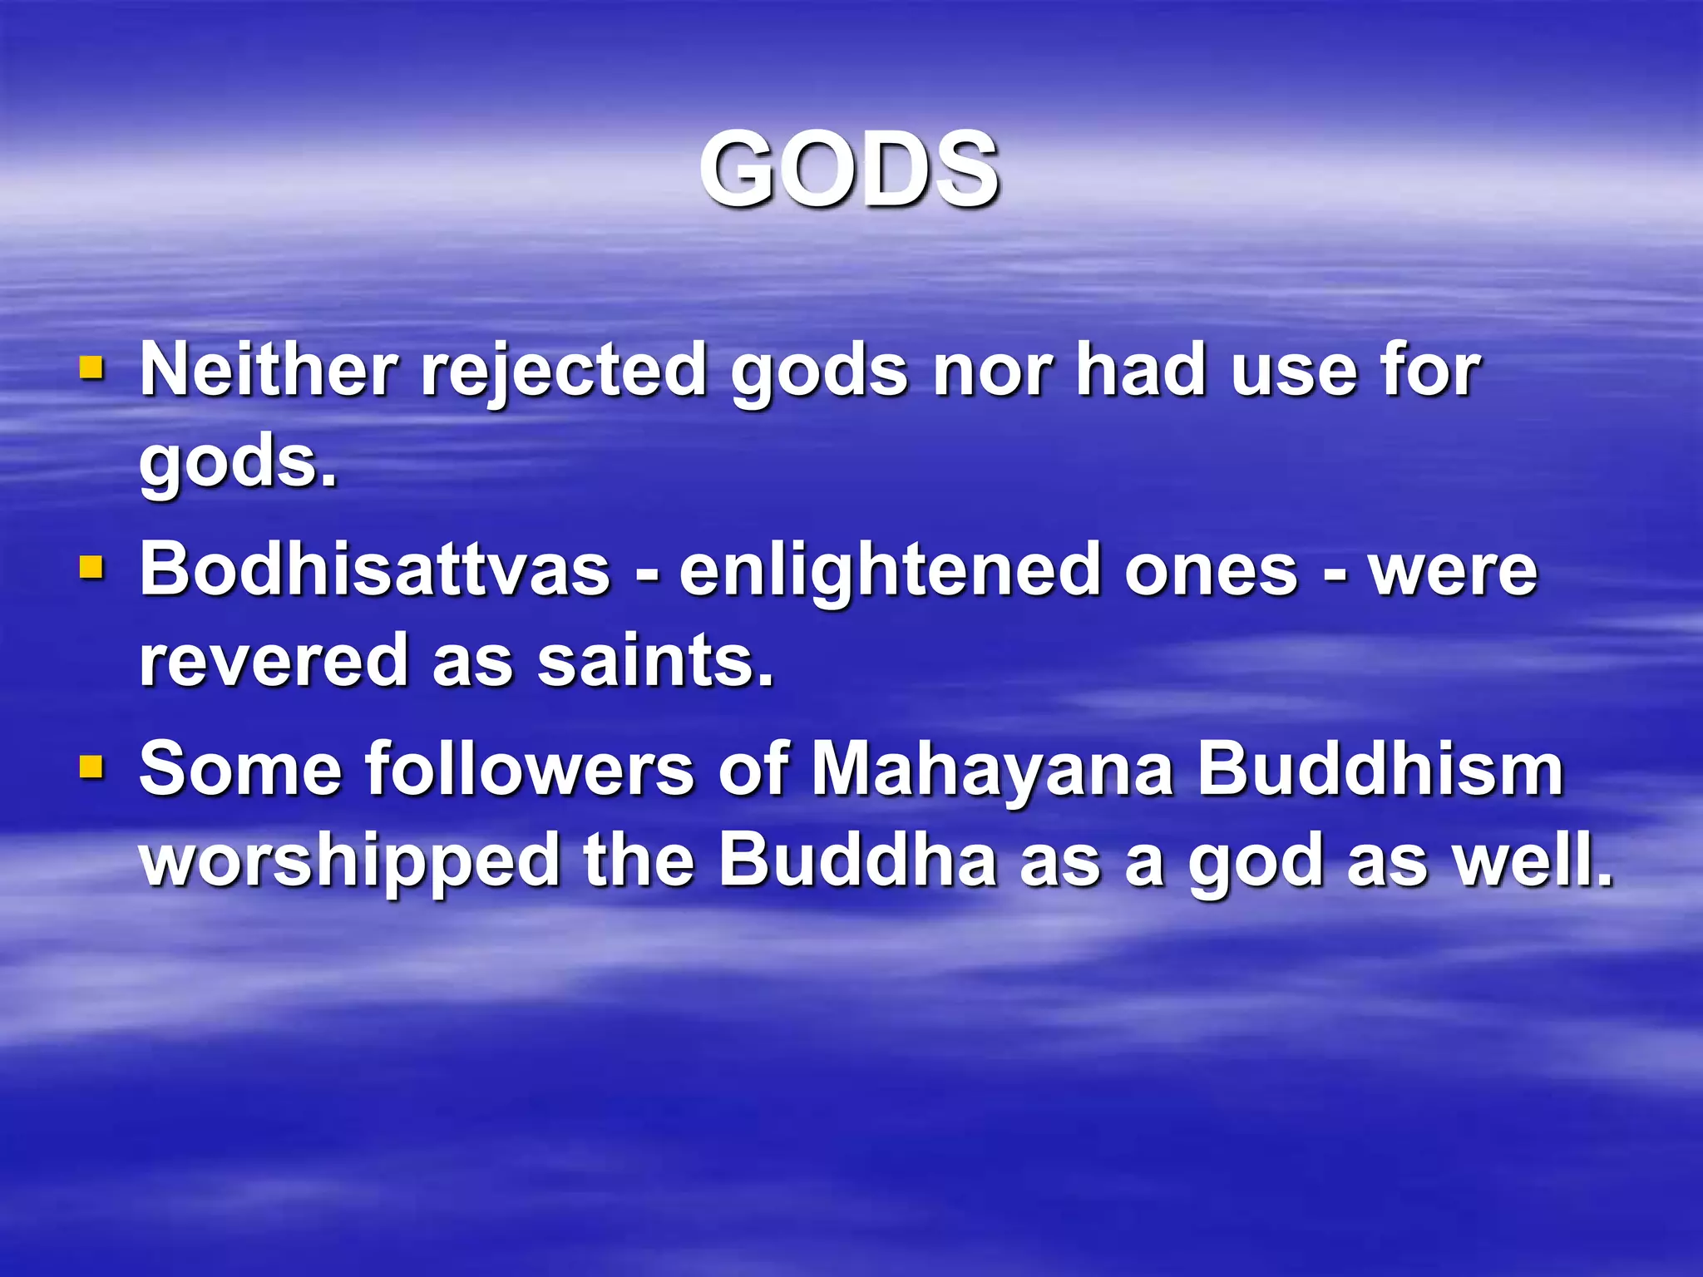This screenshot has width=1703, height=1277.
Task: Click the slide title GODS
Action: (849, 170)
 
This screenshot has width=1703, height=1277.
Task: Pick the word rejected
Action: (564, 372)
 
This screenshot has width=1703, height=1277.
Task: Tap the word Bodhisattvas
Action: (375, 569)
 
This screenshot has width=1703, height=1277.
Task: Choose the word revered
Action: (274, 660)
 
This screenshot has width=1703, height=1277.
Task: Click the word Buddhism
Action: (1380, 769)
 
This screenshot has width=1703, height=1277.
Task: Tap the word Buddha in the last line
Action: (857, 860)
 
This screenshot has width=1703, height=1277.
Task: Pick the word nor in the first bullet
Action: (993, 372)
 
